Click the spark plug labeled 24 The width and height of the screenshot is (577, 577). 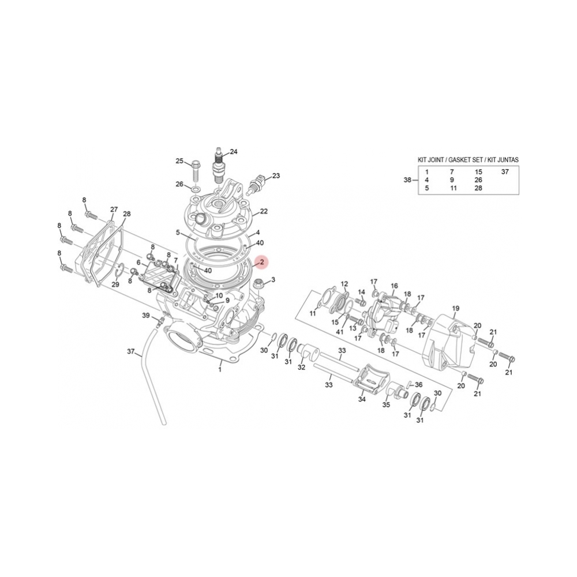219,164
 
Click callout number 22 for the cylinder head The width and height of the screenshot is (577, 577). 264,211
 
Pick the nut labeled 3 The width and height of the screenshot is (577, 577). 260,283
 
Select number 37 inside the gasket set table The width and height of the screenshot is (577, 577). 505,172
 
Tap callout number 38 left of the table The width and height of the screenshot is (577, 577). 408,180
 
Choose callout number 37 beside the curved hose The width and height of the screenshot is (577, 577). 130,351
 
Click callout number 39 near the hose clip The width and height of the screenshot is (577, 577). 146,315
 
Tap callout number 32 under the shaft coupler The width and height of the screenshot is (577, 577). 301,367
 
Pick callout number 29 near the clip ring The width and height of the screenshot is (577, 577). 115,284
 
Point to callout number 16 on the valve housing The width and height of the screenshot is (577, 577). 395,286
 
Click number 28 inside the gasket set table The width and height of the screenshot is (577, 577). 478,188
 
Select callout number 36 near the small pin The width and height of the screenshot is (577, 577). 419,385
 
